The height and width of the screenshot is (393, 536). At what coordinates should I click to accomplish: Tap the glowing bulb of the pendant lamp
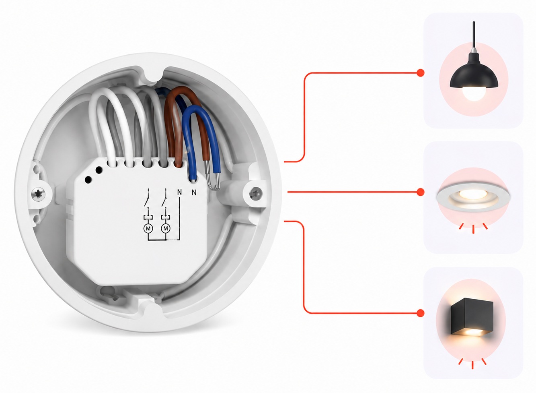474,93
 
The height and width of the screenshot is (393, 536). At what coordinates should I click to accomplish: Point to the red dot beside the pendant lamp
421,72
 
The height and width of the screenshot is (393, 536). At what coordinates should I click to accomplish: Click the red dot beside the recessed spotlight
421,192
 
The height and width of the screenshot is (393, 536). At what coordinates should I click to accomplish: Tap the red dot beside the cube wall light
421,313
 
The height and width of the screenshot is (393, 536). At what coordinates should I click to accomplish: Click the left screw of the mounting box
38,193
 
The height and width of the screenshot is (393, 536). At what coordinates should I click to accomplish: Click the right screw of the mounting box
256,193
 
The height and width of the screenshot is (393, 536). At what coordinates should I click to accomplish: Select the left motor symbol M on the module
148,228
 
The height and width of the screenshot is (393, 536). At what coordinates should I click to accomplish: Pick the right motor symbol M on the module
165,228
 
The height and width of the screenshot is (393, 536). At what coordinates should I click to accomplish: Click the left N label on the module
179,192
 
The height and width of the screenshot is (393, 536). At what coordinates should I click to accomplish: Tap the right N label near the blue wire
194,192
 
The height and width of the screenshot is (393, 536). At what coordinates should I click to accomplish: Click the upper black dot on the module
99,170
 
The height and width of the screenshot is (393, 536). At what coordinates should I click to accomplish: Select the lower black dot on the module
88,180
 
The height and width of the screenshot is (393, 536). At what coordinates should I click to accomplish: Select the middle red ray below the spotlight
473,229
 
